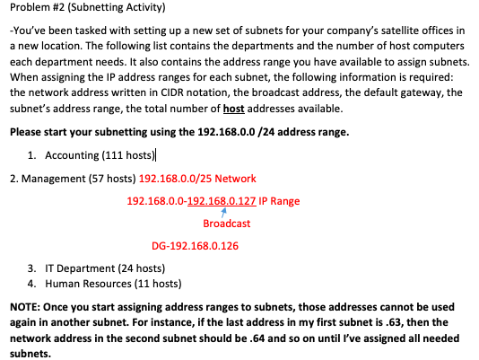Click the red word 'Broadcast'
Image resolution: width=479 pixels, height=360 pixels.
tap(226, 224)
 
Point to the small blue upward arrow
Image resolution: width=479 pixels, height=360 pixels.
tap(223, 212)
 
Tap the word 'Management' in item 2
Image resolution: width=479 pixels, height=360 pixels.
tap(56, 179)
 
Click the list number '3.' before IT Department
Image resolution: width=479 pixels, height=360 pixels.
tap(32, 268)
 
